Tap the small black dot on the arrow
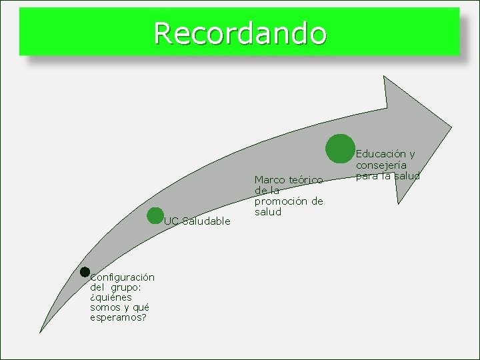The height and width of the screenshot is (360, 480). pyautogui.click(x=85, y=271)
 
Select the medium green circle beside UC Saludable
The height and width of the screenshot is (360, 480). pyautogui.click(x=155, y=215)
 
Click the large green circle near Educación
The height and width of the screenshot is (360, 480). pyautogui.click(x=340, y=148)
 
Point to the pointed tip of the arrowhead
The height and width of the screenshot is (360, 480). pyautogui.click(x=451, y=127)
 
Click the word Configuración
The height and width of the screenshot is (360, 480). pyautogui.click(x=123, y=277)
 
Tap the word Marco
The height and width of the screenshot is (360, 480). pyautogui.click(x=269, y=180)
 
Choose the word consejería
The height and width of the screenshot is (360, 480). pyautogui.click(x=381, y=165)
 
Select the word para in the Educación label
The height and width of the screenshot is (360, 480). pyautogui.click(x=367, y=176)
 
